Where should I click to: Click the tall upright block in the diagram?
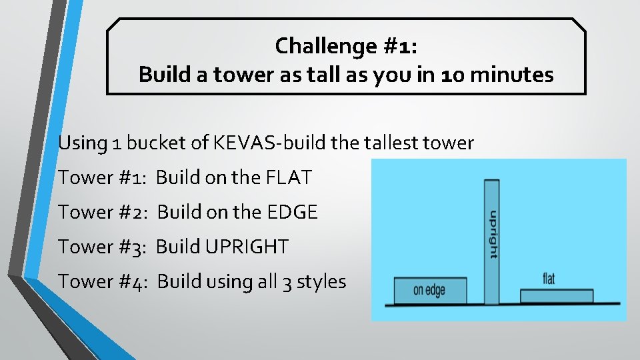point(491,200)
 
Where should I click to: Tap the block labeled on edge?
point(429,291)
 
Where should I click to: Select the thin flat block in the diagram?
point(556,296)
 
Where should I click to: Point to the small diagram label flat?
point(549,279)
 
